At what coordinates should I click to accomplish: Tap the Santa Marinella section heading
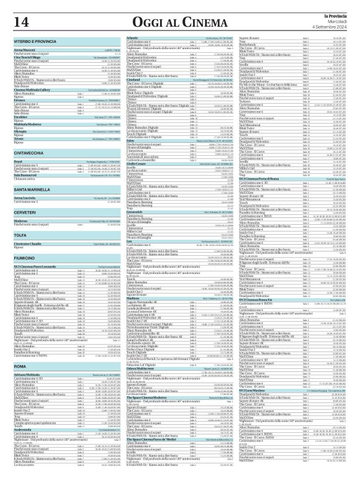click(37, 188)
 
